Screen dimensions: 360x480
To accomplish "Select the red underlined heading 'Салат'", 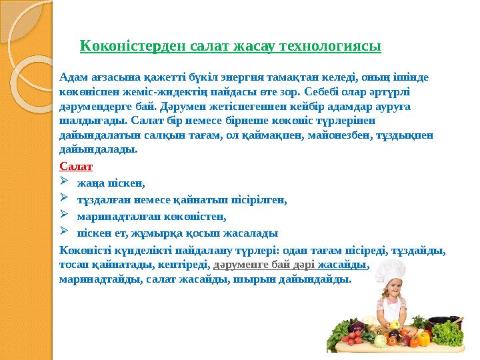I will pos(75,166).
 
